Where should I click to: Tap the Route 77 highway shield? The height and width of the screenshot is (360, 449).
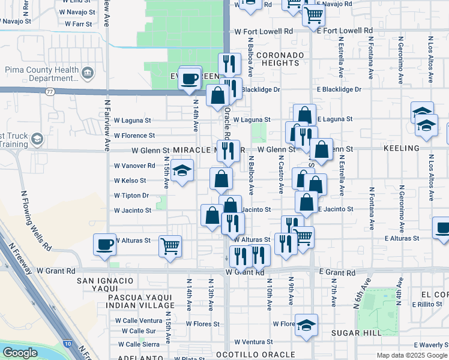(50, 91)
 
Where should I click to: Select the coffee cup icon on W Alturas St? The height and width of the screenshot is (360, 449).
(105, 245)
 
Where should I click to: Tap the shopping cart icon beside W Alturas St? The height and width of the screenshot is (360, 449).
(170, 245)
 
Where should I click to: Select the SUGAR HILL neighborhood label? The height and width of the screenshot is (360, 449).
(352, 332)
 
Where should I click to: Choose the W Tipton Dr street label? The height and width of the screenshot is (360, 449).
(131, 196)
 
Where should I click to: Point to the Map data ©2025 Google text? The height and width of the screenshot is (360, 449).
(411, 355)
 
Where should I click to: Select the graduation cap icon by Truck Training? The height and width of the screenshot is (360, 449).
(37, 140)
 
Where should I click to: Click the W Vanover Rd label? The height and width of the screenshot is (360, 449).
(134, 166)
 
